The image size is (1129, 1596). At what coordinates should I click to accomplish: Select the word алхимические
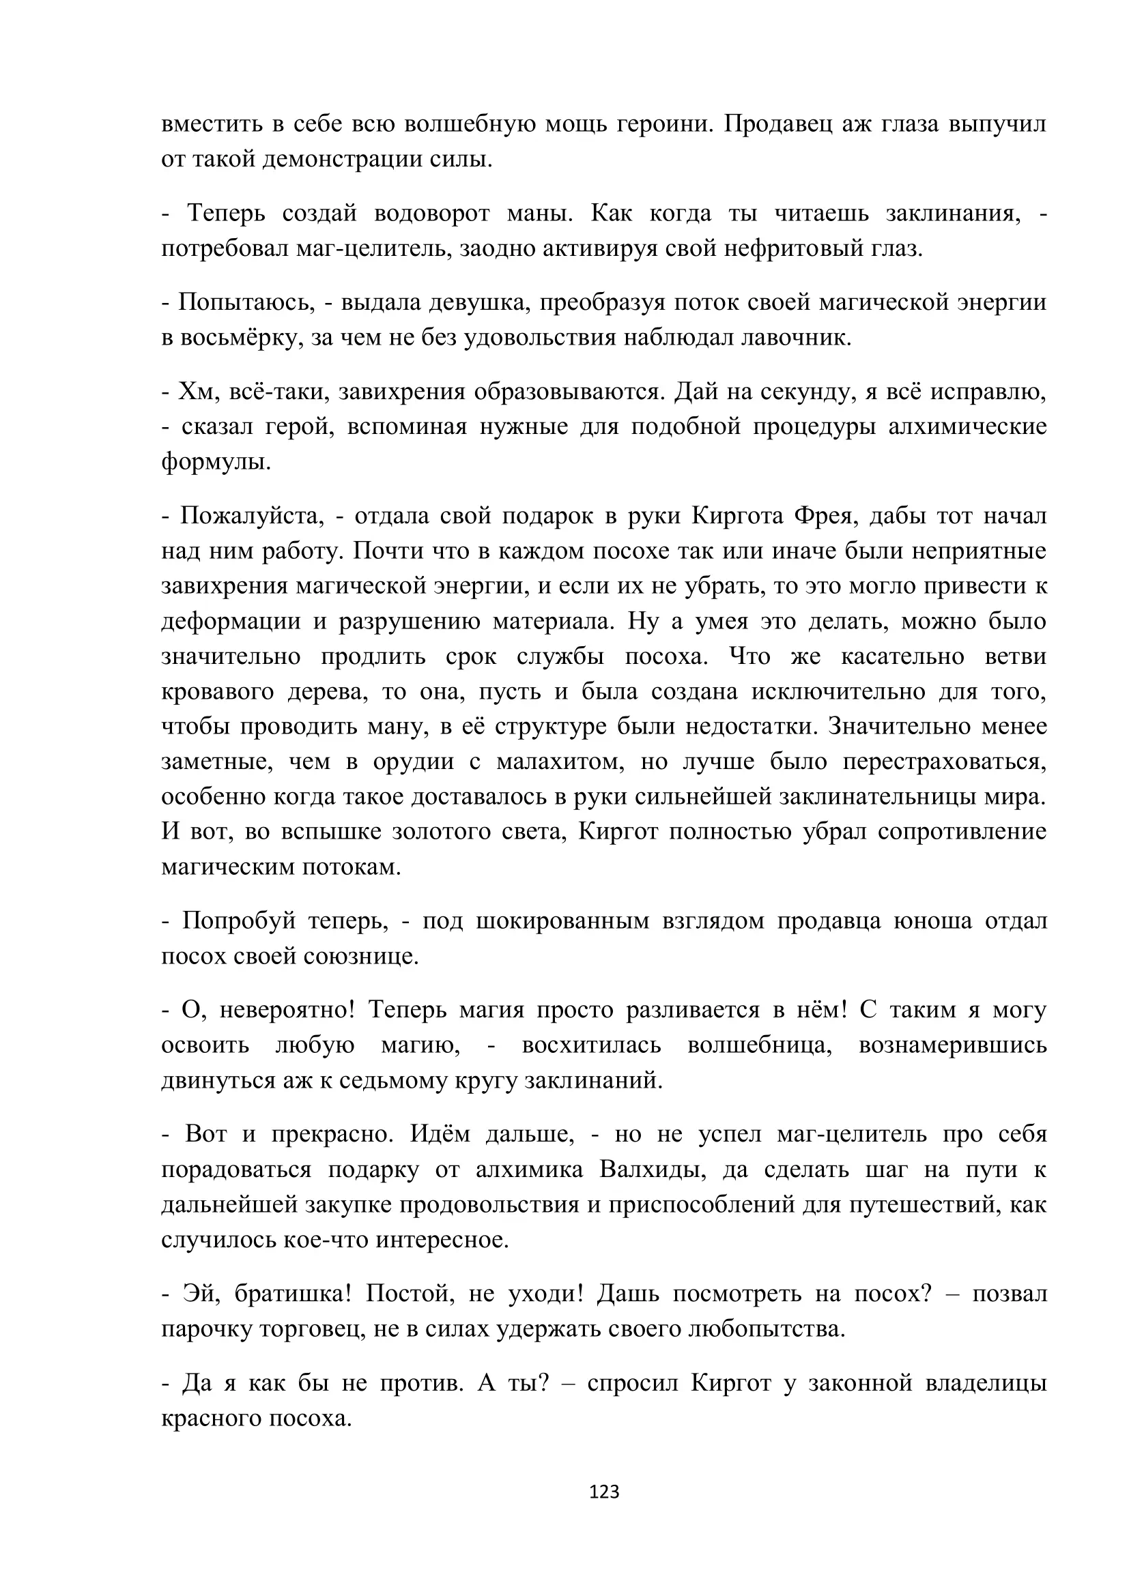(967, 426)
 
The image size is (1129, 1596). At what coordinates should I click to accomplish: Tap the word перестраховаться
(945, 762)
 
